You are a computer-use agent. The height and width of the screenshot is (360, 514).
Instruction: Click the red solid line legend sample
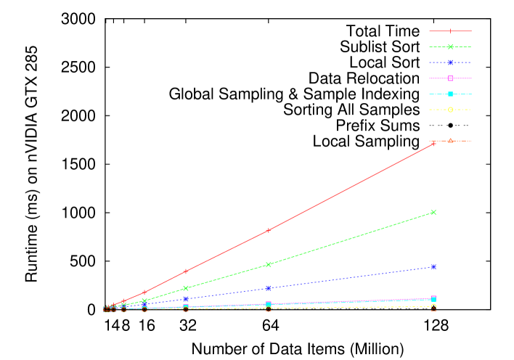(450, 31)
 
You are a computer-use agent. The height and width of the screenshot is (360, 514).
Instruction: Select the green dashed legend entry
(450, 47)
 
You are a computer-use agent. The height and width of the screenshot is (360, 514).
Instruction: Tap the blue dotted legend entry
(450, 63)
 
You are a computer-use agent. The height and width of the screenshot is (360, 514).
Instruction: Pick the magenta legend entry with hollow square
(450, 78)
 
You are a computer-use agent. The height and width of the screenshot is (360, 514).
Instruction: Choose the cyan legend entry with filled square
(450, 94)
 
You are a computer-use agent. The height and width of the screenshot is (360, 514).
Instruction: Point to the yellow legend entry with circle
(450, 110)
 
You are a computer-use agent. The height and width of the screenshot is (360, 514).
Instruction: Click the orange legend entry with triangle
(450, 140)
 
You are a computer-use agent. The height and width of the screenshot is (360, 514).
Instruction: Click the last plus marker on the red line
(433, 144)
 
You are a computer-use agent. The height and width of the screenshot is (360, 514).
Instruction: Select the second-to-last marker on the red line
(268, 230)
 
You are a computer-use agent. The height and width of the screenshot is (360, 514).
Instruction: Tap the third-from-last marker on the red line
(186, 271)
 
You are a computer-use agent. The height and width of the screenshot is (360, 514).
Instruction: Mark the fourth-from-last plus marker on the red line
(144, 292)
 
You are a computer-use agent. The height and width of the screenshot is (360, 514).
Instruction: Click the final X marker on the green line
(433, 212)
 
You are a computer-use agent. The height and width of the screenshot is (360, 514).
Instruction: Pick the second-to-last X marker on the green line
(268, 264)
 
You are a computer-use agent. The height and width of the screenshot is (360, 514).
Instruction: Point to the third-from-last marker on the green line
(186, 288)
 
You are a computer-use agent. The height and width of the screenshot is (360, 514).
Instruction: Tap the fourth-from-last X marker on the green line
(144, 300)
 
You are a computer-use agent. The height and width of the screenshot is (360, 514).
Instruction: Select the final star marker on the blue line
(433, 266)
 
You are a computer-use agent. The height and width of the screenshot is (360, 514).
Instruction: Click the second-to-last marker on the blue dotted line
(268, 288)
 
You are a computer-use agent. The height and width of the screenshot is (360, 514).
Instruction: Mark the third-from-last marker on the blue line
(186, 298)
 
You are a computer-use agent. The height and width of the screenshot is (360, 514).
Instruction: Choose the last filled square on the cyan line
(433, 299)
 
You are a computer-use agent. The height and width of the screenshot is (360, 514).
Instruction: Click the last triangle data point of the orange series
(433, 309)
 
